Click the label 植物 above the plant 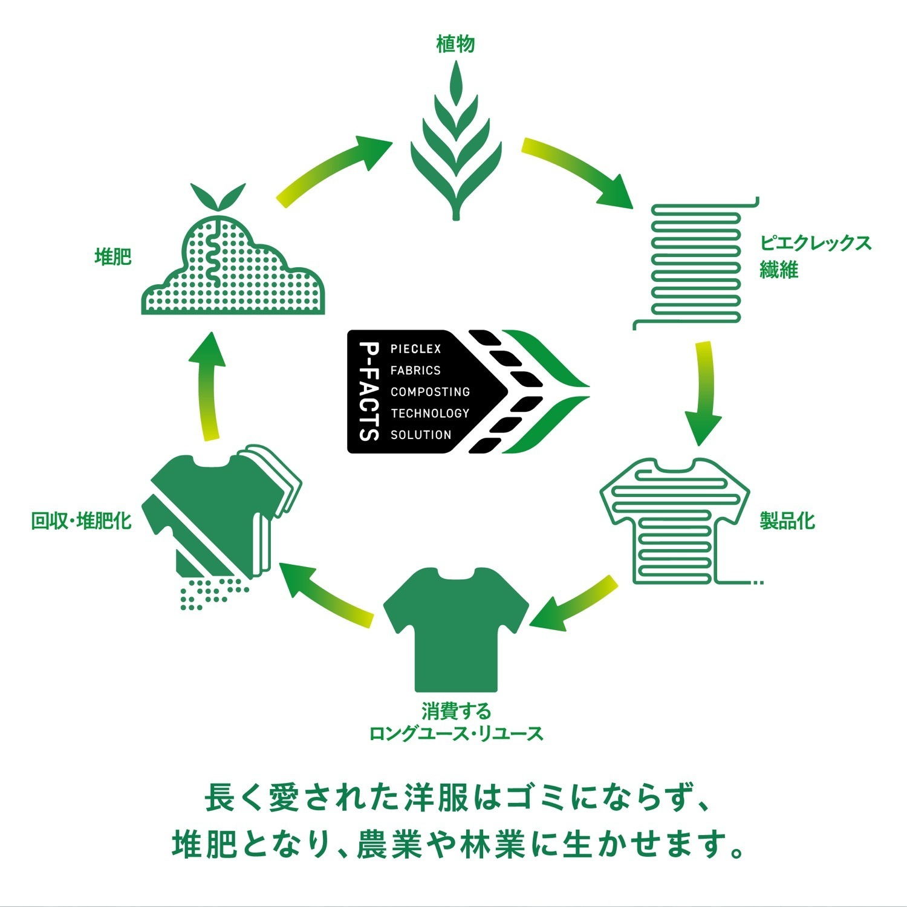[x=456, y=44]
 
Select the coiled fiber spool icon [x=695, y=263]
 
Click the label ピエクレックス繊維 [x=815, y=256]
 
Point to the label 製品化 [x=787, y=521]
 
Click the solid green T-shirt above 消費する [x=457, y=629]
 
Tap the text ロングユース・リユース [x=457, y=734]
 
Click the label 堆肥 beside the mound [x=113, y=256]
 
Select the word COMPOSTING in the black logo [x=430, y=392]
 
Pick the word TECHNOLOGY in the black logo [x=430, y=414]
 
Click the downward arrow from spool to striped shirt [x=703, y=393]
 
